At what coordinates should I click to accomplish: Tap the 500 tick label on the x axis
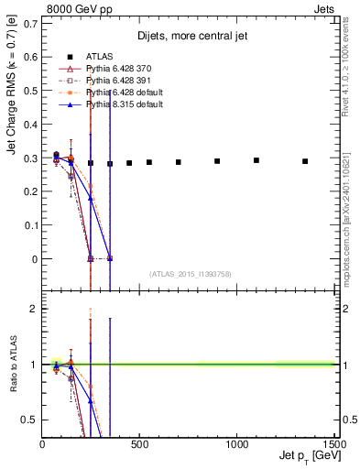tap(139, 445)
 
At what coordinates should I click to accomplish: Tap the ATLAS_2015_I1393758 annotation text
tap(190, 273)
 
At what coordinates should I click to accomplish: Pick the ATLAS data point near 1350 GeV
tap(305, 161)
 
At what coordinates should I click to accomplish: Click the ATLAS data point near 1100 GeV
tap(256, 160)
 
